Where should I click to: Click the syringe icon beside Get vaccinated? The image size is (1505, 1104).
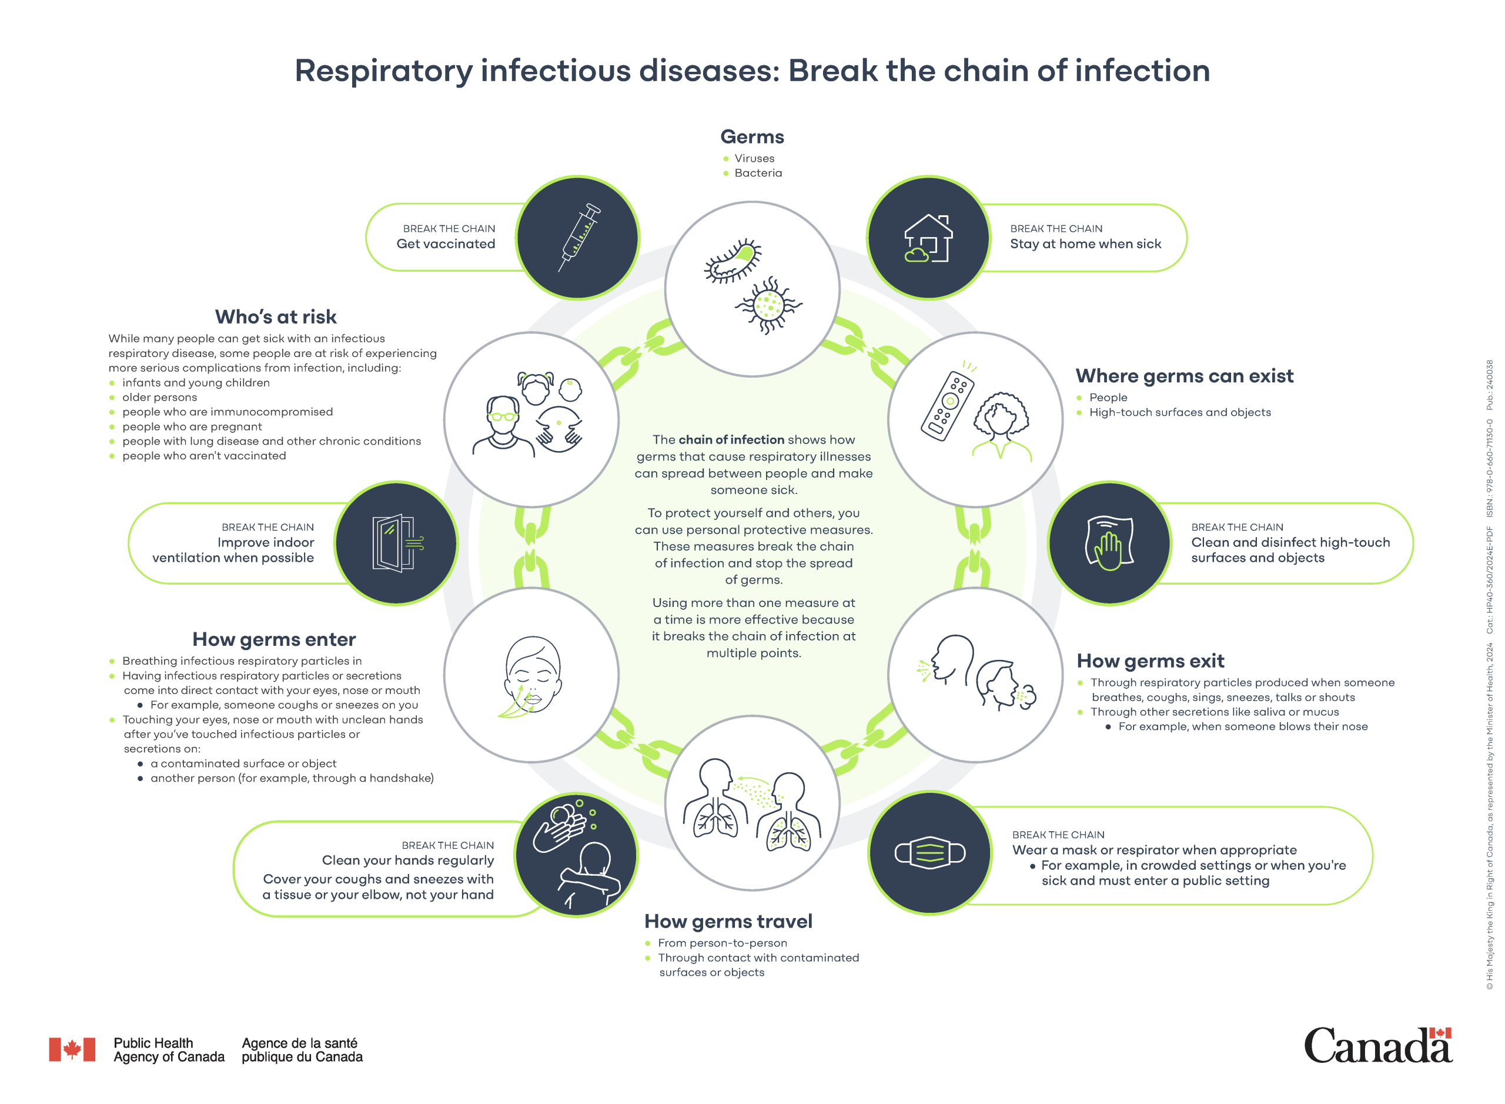tap(578, 237)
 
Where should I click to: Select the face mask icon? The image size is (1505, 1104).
tap(930, 853)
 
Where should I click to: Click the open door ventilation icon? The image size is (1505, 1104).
tap(396, 543)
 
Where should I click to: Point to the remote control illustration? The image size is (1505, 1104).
tap(947, 405)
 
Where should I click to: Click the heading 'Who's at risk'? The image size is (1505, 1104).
tap(275, 317)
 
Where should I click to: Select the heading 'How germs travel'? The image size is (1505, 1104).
tap(728, 922)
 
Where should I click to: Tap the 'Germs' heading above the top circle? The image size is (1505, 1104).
tap(752, 137)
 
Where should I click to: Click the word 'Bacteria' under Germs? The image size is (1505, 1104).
tap(758, 173)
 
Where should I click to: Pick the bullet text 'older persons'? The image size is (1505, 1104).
tap(160, 398)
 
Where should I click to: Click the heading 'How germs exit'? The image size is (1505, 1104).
tap(1151, 661)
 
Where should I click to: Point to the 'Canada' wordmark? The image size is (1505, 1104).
tap(1377, 1046)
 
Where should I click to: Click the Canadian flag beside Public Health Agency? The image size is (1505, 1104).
tap(72, 1049)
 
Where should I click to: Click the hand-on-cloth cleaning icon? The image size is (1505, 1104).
tap(1109, 543)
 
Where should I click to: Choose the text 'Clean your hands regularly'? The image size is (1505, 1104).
tap(407, 860)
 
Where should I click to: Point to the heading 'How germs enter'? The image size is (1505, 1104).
tap(274, 639)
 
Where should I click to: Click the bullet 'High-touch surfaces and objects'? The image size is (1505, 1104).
tap(1180, 412)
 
